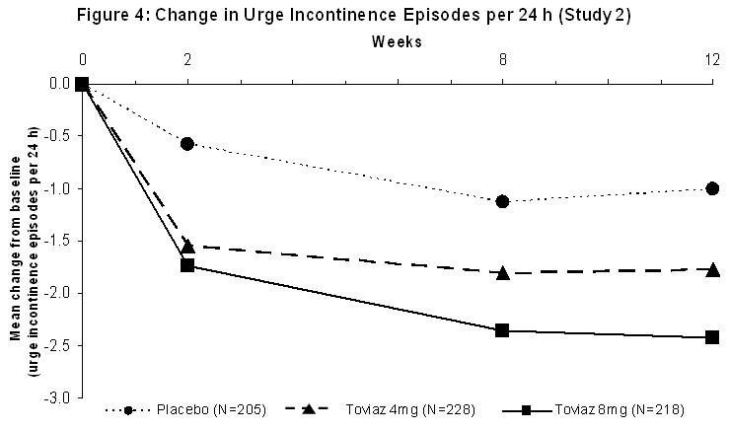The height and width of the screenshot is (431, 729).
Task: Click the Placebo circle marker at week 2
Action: click(x=187, y=144)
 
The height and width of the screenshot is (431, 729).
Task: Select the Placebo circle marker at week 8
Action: click(x=503, y=201)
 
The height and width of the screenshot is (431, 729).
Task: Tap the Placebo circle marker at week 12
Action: click(x=712, y=188)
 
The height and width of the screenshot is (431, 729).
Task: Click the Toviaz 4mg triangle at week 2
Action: click(x=187, y=246)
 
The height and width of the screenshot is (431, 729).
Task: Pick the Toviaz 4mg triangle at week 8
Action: click(x=503, y=271)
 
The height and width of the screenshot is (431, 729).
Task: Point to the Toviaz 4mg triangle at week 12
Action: click(x=712, y=268)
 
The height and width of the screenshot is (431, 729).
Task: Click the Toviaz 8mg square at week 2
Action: click(x=187, y=266)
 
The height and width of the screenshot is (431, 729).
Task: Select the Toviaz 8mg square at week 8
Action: click(x=503, y=330)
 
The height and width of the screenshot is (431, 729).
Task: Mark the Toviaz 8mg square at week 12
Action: click(x=712, y=337)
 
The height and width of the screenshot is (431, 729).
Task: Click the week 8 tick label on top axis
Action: click(x=503, y=59)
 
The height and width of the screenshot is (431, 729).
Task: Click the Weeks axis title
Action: click(x=397, y=41)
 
